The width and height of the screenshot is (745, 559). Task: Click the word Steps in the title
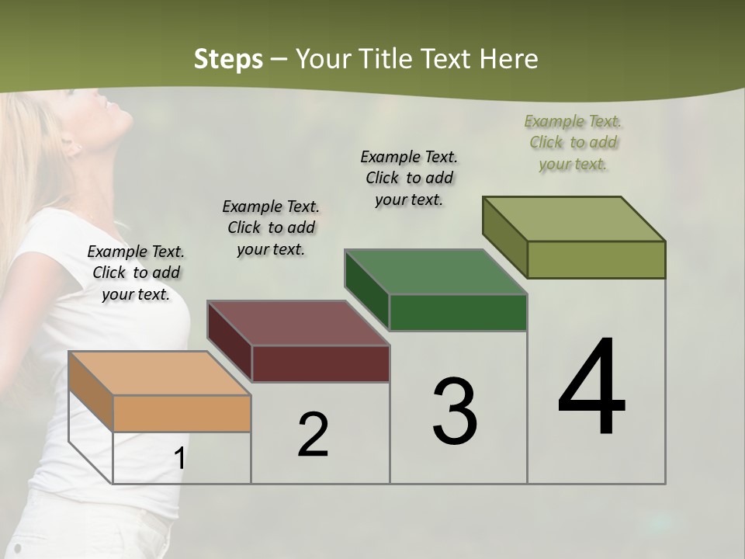pos(228,59)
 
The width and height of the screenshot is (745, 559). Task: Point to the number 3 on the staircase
pos(455,411)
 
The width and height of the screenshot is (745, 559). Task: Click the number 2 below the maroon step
pos(313,435)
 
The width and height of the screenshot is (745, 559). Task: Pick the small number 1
pos(179,458)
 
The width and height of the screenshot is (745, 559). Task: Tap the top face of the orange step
pos(160,373)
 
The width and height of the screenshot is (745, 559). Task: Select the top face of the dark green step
pos(436,273)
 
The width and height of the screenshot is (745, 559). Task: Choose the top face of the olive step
pos(574,219)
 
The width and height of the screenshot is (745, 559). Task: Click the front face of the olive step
pos(596,259)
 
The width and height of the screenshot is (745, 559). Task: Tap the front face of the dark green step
pos(458,312)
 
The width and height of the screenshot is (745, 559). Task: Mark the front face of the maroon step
pos(321,363)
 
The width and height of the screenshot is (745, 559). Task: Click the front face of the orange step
pos(182,413)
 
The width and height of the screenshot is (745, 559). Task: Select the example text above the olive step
pos(573,142)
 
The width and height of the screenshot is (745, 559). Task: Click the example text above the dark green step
pos(409,178)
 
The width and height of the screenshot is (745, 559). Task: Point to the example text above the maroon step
pos(271,227)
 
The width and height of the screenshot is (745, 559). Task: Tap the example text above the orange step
pos(136,273)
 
